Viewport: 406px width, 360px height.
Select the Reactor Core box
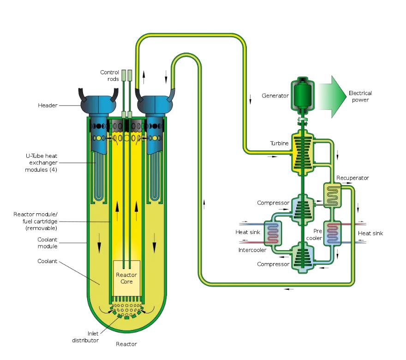click(126, 278)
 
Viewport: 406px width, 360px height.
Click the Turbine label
click(279, 144)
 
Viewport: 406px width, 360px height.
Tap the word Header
click(48, 106)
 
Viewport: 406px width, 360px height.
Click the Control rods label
click(110, 76)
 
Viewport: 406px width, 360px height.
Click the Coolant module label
click(47, 243)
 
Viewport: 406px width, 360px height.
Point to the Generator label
click(275, 96)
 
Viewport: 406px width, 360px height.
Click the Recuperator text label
click(352, 178)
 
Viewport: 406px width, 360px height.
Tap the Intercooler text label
click(252, 250)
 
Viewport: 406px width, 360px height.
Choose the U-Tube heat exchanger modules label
click(42, 163)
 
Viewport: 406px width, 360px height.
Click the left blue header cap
click(97, 103)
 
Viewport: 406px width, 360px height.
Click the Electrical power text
click(360, 96)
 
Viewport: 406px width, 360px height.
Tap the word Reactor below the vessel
click(126, 344)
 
